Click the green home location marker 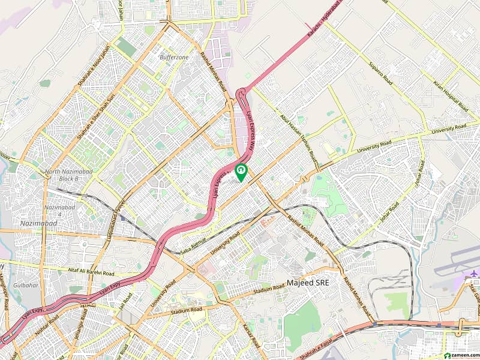[241, 172]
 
